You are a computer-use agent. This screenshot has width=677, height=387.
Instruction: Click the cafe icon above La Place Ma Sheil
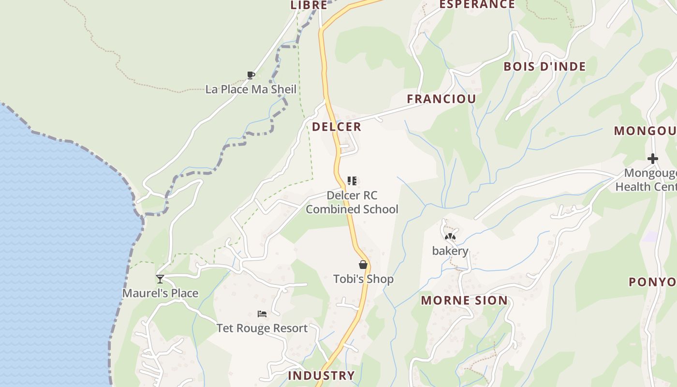click(x=250, y=75)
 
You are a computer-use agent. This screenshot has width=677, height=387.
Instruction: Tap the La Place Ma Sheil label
click(x=250, y=89)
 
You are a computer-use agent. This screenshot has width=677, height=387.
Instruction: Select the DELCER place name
click(x=337, y=127)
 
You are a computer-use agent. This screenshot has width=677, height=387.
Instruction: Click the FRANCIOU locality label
click(x=441, y=99)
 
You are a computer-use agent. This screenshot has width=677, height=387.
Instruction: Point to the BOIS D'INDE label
click(x=545, y=67)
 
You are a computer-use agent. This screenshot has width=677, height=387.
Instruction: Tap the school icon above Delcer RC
click(x=352, y=181)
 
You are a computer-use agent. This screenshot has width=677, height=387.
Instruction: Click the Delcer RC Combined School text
click(x=352, y=202)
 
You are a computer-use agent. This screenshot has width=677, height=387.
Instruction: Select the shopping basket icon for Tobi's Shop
click(x=363, y=265)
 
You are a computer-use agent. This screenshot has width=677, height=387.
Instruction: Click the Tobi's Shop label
click(x=363, y=279)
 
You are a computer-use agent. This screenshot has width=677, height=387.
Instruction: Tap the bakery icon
click(x=450, y=237)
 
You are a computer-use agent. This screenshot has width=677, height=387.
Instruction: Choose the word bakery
click(x=450, y=251)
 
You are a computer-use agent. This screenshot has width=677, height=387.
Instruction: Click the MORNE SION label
click(x=464, y=300)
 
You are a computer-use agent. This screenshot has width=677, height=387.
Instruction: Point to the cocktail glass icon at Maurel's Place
click(x=160, y=279)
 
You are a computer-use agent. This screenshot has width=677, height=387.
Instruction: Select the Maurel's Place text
click(x=160, y=293)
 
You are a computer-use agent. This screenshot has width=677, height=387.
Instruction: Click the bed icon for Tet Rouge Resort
click(x=262, y=313)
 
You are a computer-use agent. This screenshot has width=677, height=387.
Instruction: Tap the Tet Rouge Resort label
click(x=262, y=328)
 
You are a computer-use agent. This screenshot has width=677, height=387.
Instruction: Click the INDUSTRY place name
click(x=321, y=375)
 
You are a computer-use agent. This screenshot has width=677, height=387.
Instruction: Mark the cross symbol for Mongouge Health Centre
click(x=653, y=158)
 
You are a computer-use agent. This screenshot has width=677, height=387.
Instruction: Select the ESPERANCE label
click(x=477, y=5)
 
